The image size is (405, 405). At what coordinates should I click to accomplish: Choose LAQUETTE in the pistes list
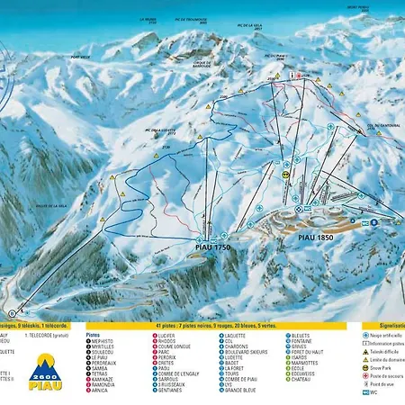(237, 334)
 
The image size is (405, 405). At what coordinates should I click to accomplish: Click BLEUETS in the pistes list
(301, 334)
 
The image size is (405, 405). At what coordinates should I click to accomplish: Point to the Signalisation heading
(375, 327)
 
